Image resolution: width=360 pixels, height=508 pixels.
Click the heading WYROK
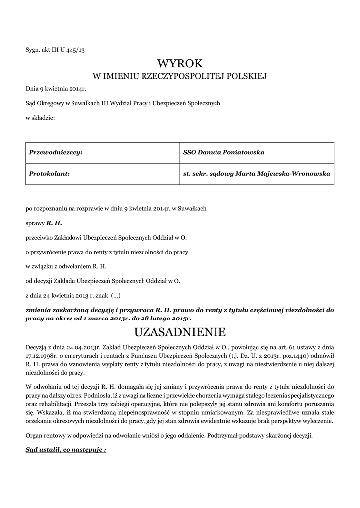pyautogui.click(x=180, y=63)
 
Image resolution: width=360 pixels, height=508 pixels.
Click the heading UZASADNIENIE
pyautogui.click(x=180, y=331)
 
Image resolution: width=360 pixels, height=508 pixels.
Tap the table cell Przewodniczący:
pyautogui.click(x=56, y=152)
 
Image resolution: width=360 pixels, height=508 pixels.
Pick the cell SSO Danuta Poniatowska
pyautogui.click(x=224, y=152)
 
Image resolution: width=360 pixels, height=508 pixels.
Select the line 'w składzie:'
pyautogui.click(x=40, y=117)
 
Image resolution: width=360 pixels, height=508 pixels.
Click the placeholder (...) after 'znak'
pyautogui.click(x=115, y=295)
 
